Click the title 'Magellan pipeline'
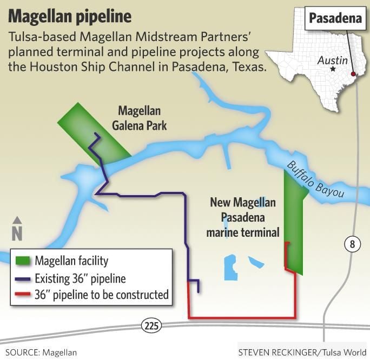[x=70, y=16]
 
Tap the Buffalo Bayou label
[x=315, y=179]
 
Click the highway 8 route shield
[x=352, y=245]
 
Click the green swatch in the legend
[x=23, y=262]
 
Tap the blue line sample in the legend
[x=23, y=279]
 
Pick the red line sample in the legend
[x=23, y=295]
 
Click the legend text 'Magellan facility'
[x=72, y=262]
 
